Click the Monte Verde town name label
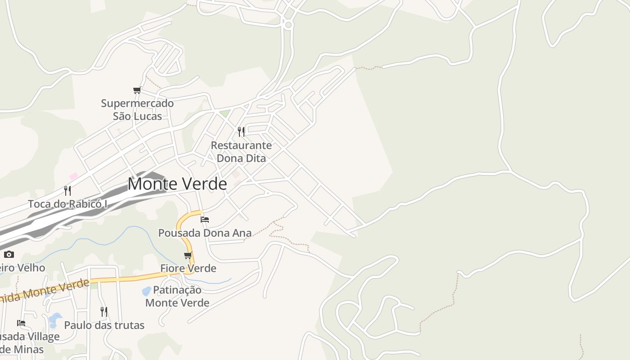point(177,184)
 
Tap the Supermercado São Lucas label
point(137,110)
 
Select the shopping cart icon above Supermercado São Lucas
point(137,90)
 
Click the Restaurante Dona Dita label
point(241,152)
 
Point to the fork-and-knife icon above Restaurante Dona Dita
point(241,131)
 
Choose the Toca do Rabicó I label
point(67,204)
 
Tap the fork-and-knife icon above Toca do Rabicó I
point(67,190)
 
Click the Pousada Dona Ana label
point(205,233)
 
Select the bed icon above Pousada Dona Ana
point(205,220)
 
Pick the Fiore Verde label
point(188,268)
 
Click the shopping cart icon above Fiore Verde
point(188,256)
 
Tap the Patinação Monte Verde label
point(177,296)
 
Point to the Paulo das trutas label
point(104,325)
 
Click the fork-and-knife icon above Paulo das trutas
point(104,311)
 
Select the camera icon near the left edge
point(9,255)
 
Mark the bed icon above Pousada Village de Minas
point(21,323)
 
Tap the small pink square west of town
point(73,176)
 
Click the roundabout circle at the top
point(288,24)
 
